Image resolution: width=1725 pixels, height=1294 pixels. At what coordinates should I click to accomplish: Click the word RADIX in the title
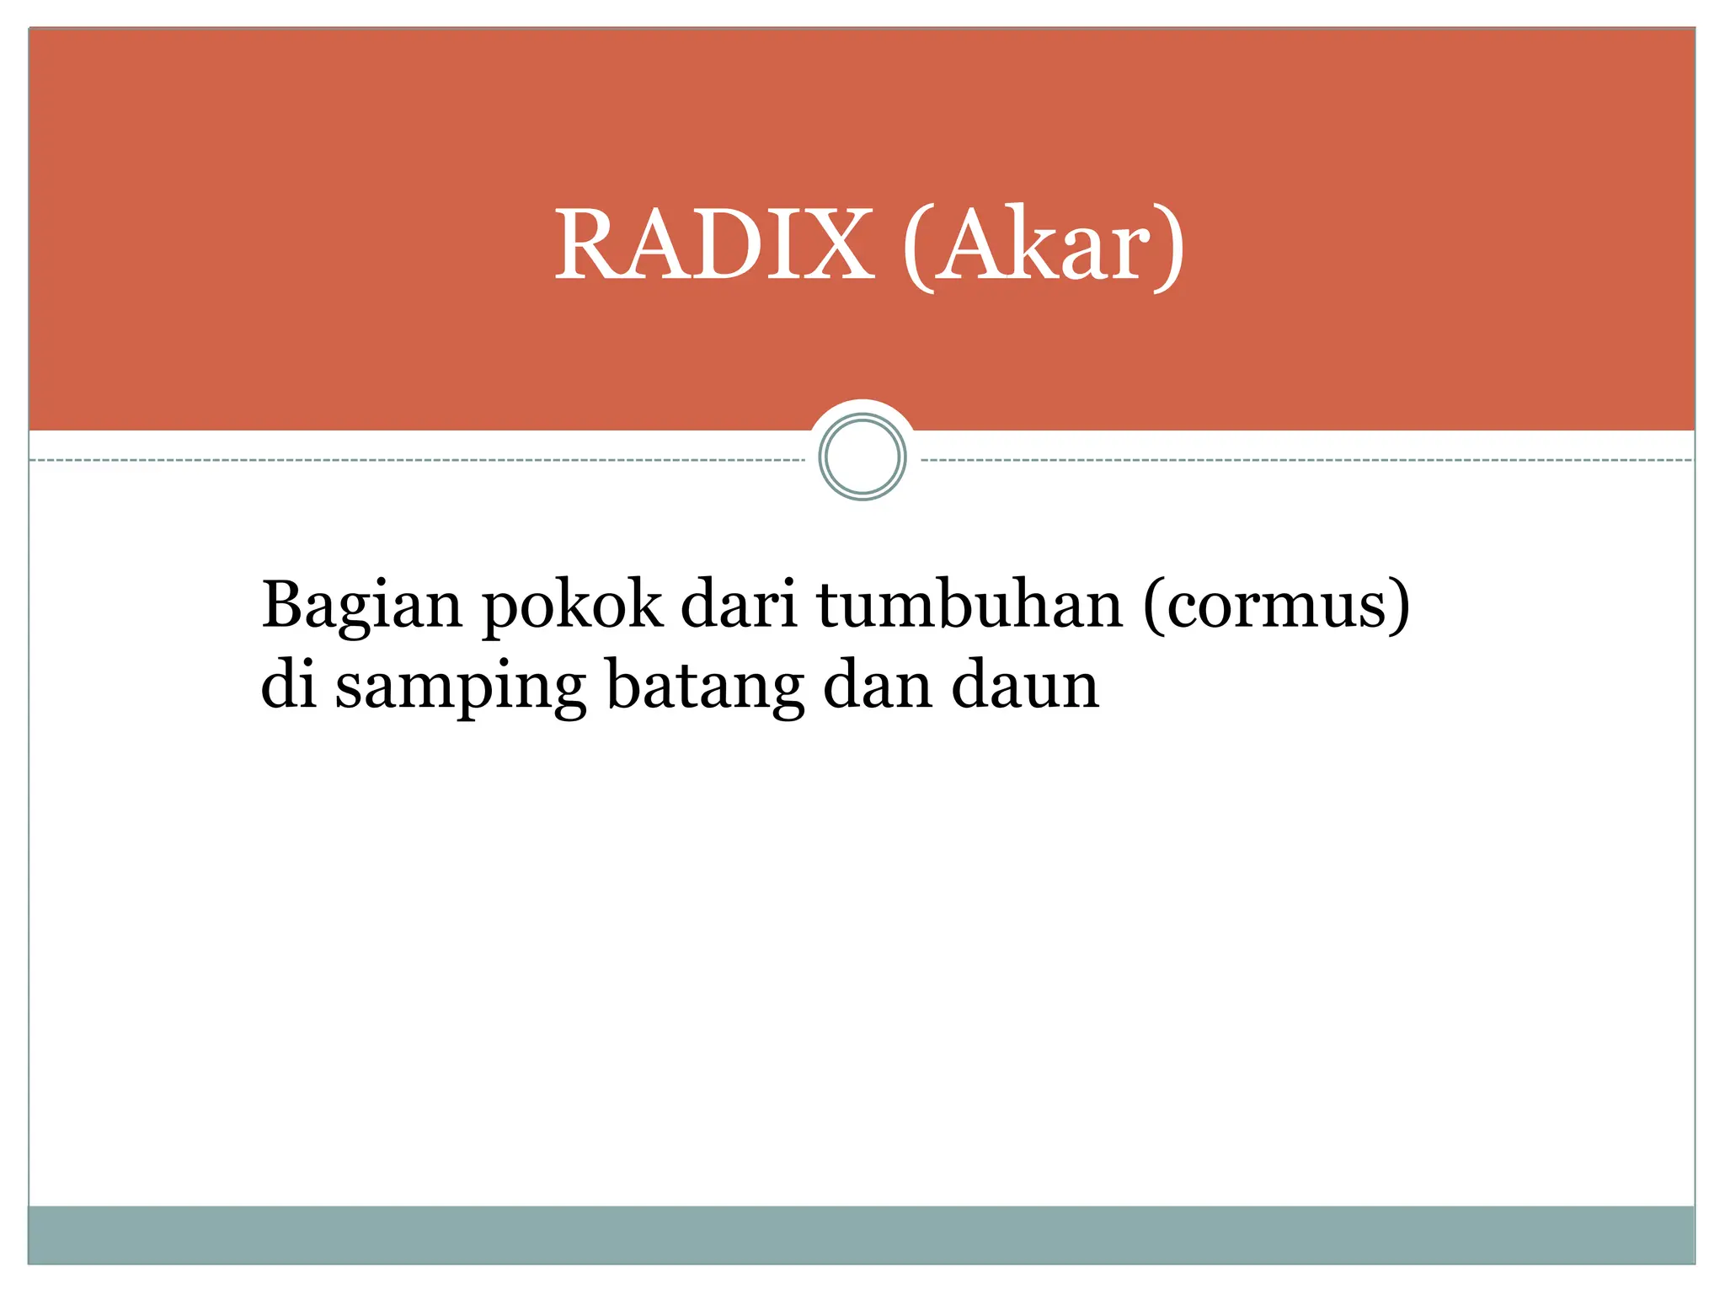pos(713,245)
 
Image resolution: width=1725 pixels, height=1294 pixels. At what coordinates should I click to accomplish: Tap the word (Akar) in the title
pos(1044,245)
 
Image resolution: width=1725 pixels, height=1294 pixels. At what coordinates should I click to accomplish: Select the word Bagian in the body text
pos(361,606)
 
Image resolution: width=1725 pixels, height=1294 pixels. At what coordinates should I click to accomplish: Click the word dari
pos(739,604)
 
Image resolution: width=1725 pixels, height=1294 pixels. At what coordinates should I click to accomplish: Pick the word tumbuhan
pos(969,604)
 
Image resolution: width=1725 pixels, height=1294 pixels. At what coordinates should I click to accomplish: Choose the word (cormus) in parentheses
pos(1276,604)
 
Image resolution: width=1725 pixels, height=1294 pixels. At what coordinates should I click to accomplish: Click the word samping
pos(460,687)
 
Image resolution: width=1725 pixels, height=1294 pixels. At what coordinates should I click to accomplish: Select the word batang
pos(705,687)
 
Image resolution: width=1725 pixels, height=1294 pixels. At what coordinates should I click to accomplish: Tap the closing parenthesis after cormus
pos(1399,606)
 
